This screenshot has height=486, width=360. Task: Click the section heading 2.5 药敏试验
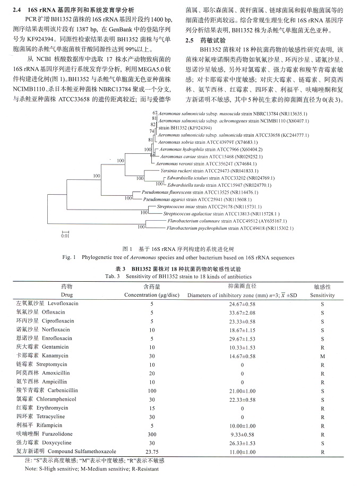pos(204,40)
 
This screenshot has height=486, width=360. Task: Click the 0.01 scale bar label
pos(64,236)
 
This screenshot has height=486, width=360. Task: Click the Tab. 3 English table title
pos(178,276)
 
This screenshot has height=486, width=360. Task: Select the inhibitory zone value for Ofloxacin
pos(242,313)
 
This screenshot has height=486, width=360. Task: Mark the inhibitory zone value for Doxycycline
pos(242,442)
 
